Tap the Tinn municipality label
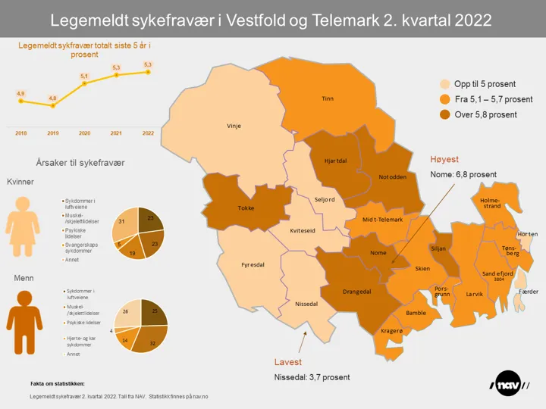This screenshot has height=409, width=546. pyautogui.click(x=328, y=98)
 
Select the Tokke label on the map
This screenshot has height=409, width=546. pyautogui.click(x=246, y=208)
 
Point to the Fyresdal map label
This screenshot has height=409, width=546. pyautogui.click(x=252, y=265)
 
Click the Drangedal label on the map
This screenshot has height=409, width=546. pyautogui.click(x=356, y=290)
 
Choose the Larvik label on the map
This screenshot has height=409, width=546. pyautogui.click(x=474, y=292)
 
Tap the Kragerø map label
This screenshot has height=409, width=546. pyautogui.click(x=391, y=331)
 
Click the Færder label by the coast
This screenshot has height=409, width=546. pyautogui.click(x=528, y=291)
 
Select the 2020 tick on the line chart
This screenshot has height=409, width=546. pyautogui.click(x=84, y=133)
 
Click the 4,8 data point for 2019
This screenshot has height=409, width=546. pyautogui.click(x=52, y=105)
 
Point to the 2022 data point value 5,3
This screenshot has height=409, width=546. pyautogui.click(x=148, y=72)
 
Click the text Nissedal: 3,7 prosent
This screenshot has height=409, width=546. pyautogui.click(x=311, y=376)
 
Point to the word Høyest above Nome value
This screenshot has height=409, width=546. pyautogui.click(x=445, y=160)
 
